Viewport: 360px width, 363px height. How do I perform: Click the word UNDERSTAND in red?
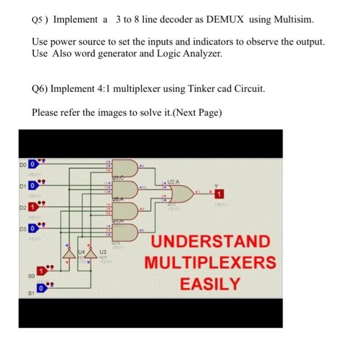(x=211, y=242)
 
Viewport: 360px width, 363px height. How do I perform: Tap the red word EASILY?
(x=211, y=284)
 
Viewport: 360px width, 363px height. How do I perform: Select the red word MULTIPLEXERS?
(x=211, y=263)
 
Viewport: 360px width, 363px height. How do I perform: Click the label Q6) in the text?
(x=40, y=89)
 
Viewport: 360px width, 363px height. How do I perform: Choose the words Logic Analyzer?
(x=190, y=53)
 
